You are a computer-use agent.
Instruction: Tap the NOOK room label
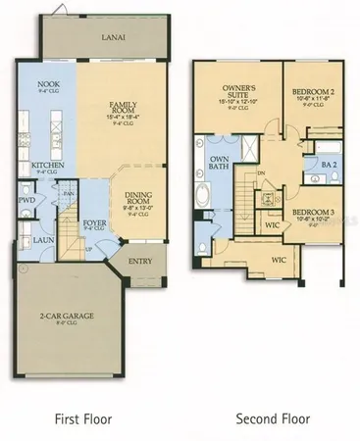click(x=49, y=86)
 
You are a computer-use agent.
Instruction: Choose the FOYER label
click(x=94, y=222)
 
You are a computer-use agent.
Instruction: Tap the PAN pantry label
click(x=70, y=193)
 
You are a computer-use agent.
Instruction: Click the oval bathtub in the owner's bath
click(x=202, y=196)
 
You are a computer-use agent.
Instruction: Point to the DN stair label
click(x=261, y=173)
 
